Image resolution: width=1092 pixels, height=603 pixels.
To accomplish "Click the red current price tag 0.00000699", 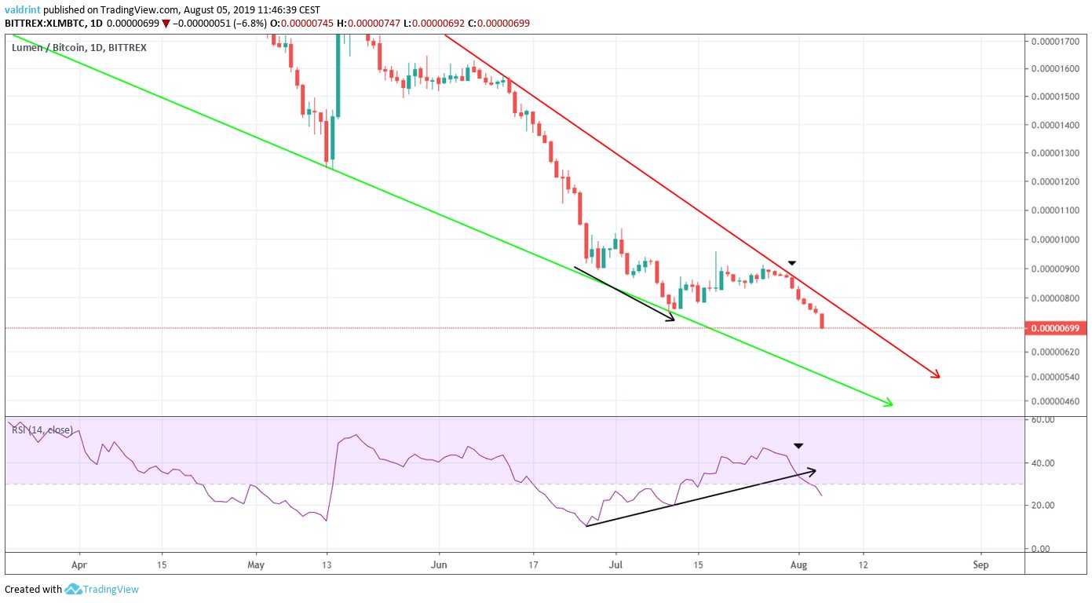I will click(1057, 327).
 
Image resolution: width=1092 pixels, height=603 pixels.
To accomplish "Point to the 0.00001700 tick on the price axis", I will click(1057, 40).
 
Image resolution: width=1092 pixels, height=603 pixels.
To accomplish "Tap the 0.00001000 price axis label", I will click(1057, 240).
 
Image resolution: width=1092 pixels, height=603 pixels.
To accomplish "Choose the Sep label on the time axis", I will click(980, 564).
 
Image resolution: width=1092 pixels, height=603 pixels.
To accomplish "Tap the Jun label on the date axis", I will click(439, 564).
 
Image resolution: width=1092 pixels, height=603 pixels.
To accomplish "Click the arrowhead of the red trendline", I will click(938, 377).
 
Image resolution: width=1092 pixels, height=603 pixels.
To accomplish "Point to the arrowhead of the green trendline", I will click(891, 404).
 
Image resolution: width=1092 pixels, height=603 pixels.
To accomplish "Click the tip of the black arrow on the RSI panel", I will click(815, 470).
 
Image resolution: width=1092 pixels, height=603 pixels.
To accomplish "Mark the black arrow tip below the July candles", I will click(674, 319).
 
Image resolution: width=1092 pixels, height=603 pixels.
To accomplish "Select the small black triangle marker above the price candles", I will click(793, 262).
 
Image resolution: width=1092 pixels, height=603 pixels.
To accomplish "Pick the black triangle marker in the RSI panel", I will click(798, 446).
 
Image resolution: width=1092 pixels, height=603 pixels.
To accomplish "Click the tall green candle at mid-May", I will click(339, 79).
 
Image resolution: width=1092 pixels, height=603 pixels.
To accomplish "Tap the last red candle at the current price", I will click(822, 320).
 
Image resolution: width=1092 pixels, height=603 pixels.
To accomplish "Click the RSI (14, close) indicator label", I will click(42, 429).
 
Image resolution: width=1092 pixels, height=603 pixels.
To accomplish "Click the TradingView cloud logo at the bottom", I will click(75, 589).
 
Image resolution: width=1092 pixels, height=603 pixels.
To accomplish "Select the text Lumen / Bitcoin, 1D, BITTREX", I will click(79, 48).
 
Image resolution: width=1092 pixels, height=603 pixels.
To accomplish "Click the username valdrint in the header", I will click(24, 11).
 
